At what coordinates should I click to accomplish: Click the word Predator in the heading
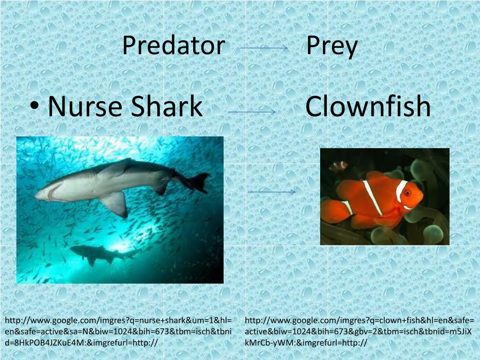point(173,46)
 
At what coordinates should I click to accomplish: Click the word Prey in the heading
point(332,46)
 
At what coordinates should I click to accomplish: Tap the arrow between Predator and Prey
point(263,48)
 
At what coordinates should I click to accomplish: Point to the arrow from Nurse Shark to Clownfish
point(252,112)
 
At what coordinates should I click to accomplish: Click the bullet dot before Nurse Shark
point(36,107)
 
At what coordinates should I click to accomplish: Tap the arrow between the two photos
point(271,192)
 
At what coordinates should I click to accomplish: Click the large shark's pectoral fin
point(116,203)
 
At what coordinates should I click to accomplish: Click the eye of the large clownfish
point(407,192)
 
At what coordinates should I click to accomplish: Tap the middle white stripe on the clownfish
point(373,197)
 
